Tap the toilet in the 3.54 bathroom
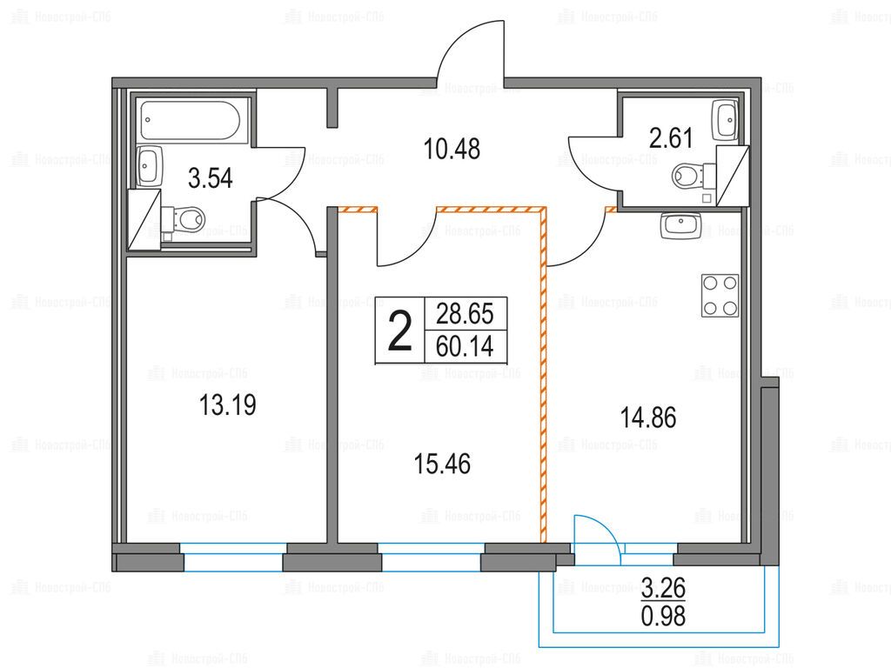click(183, 218)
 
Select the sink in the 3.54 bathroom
click(150, 165)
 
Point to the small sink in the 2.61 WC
click(725, 120)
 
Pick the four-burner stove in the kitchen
click(720, 296)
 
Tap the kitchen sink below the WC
click(680, 225)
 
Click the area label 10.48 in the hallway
click(452, 149)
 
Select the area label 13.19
click(228, 405)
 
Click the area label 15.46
click(442, 464)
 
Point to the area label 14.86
click(647, 418)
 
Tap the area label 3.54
click(211, 178)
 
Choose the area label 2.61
click(671, 138)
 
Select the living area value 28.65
click(465, 314)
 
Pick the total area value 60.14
click(465, 346)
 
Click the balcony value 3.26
click(663, 588)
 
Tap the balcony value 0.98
click(663, 616)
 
